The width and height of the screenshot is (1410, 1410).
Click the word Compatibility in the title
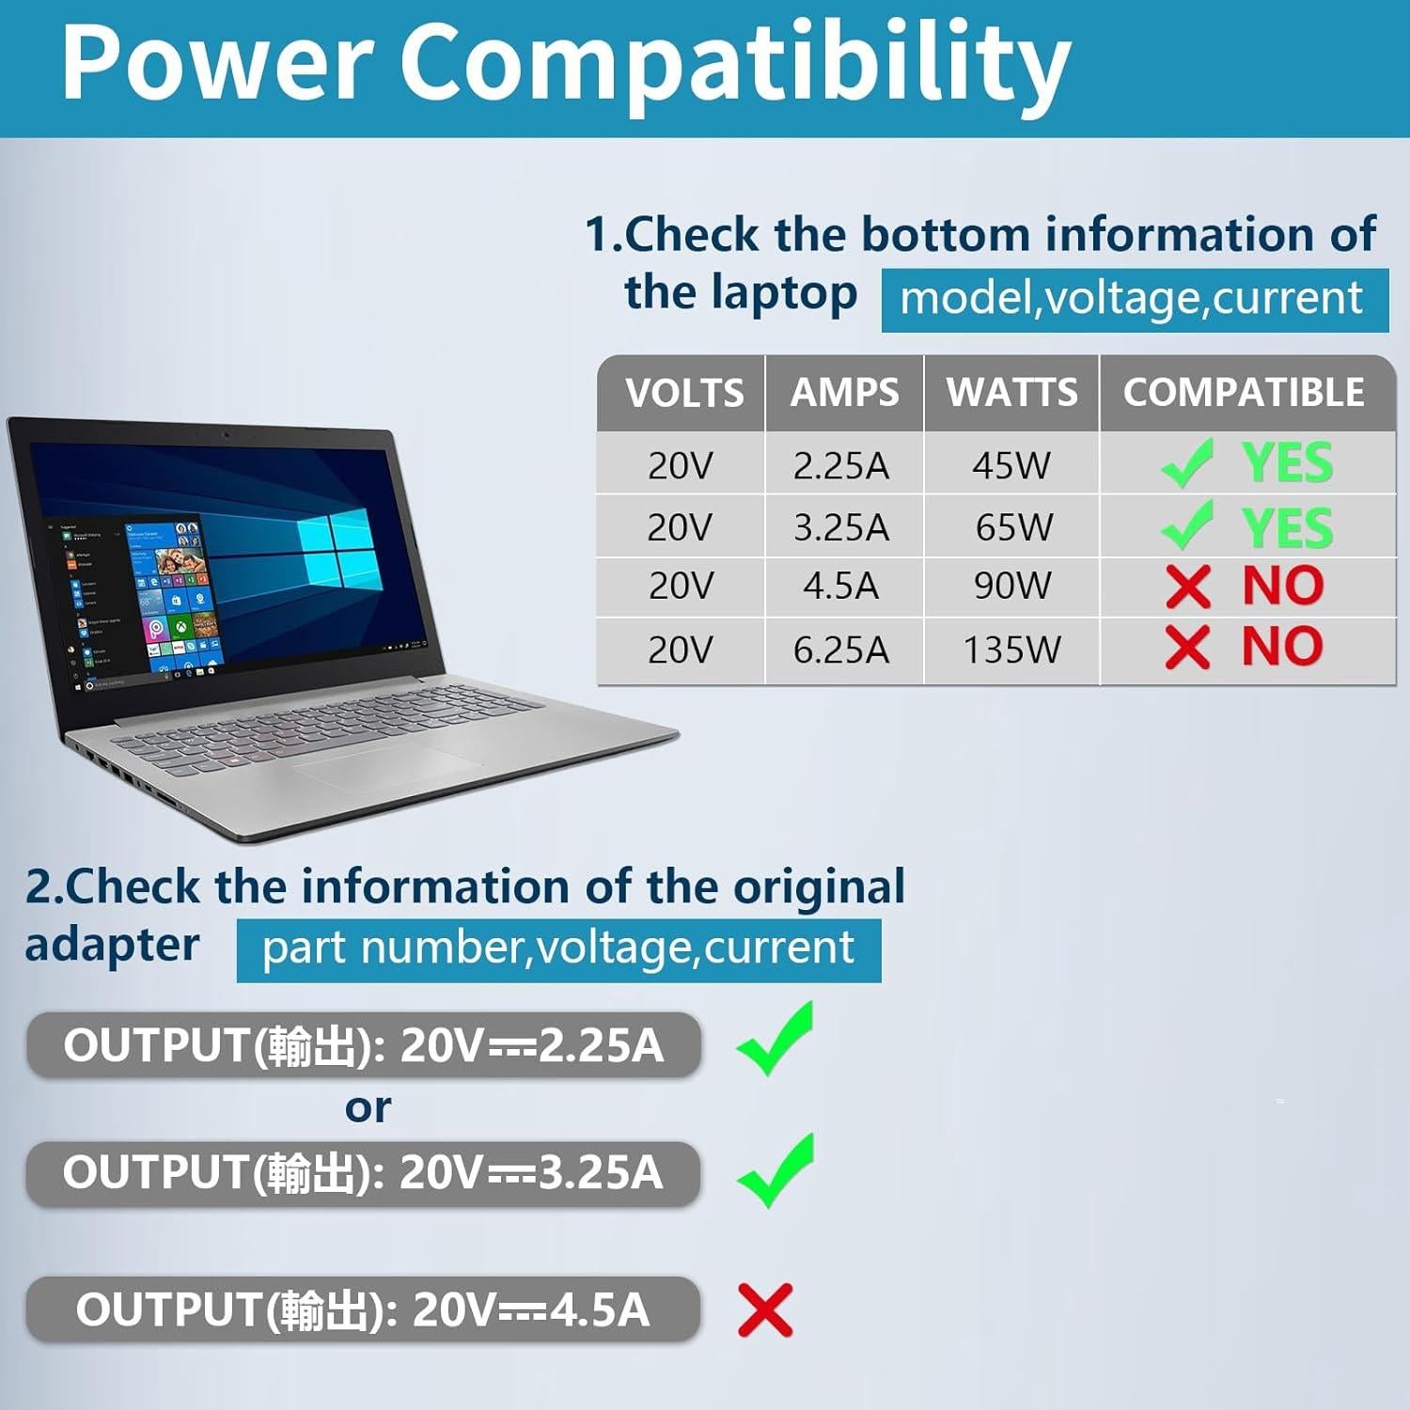pyautogui.click(x=735, y=64)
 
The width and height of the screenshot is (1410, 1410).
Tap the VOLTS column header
pyautogui.click(x=683, y=393)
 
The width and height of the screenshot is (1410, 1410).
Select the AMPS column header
pyautogui.click(x=844, y=393)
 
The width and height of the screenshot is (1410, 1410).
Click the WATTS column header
pyautogui.click(x=1011, y=393)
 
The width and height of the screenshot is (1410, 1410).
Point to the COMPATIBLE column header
pyautogui.click(x=1244, y=393)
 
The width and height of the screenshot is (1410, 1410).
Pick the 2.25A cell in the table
pyautogui.click(x=840, y=465)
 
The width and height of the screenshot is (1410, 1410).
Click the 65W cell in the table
pyautogui.click(x=1013, y=527)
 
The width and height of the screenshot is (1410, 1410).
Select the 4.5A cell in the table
pyautogui.click(x=840, y=587)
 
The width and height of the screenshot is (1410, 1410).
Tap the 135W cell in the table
pyautogui.click(x=1011, y=650)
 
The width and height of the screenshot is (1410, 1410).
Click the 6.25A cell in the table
pyautogui.click(x=840, y=650)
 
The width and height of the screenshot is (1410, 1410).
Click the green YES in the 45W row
pyautogui.click(x=1287, y=463)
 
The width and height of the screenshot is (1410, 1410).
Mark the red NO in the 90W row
pyautogui.click(x=1282, y=587)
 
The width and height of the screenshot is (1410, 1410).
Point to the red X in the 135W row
pyautogui.click(x=1187, y=648)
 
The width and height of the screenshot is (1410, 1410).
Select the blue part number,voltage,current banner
pyautogui.click(x=558, y=949)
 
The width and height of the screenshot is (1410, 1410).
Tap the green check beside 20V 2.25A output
pyautogui.click(x=775, y=1040)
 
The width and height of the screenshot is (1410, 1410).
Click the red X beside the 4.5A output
pyautogui.click(x=765, y=1309)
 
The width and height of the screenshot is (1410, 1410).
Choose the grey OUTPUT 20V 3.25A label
pyautogui.click(x=363, y=1173)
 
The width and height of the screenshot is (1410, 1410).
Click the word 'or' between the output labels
pyautogui.click(x=368, y=1109)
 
